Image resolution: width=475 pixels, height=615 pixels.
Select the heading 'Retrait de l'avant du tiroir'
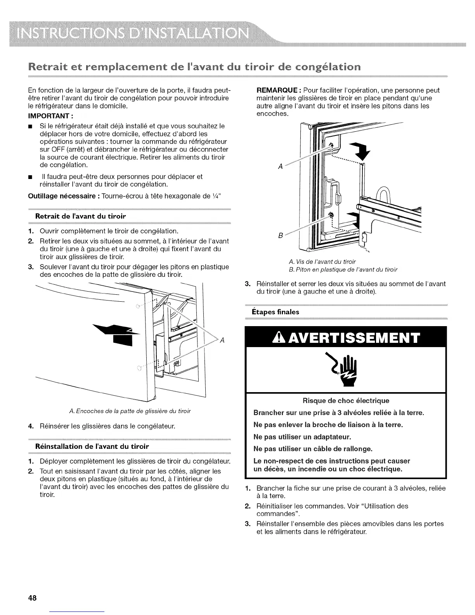point(81,215)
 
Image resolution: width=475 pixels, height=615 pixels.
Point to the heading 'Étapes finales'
point(277,312)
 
